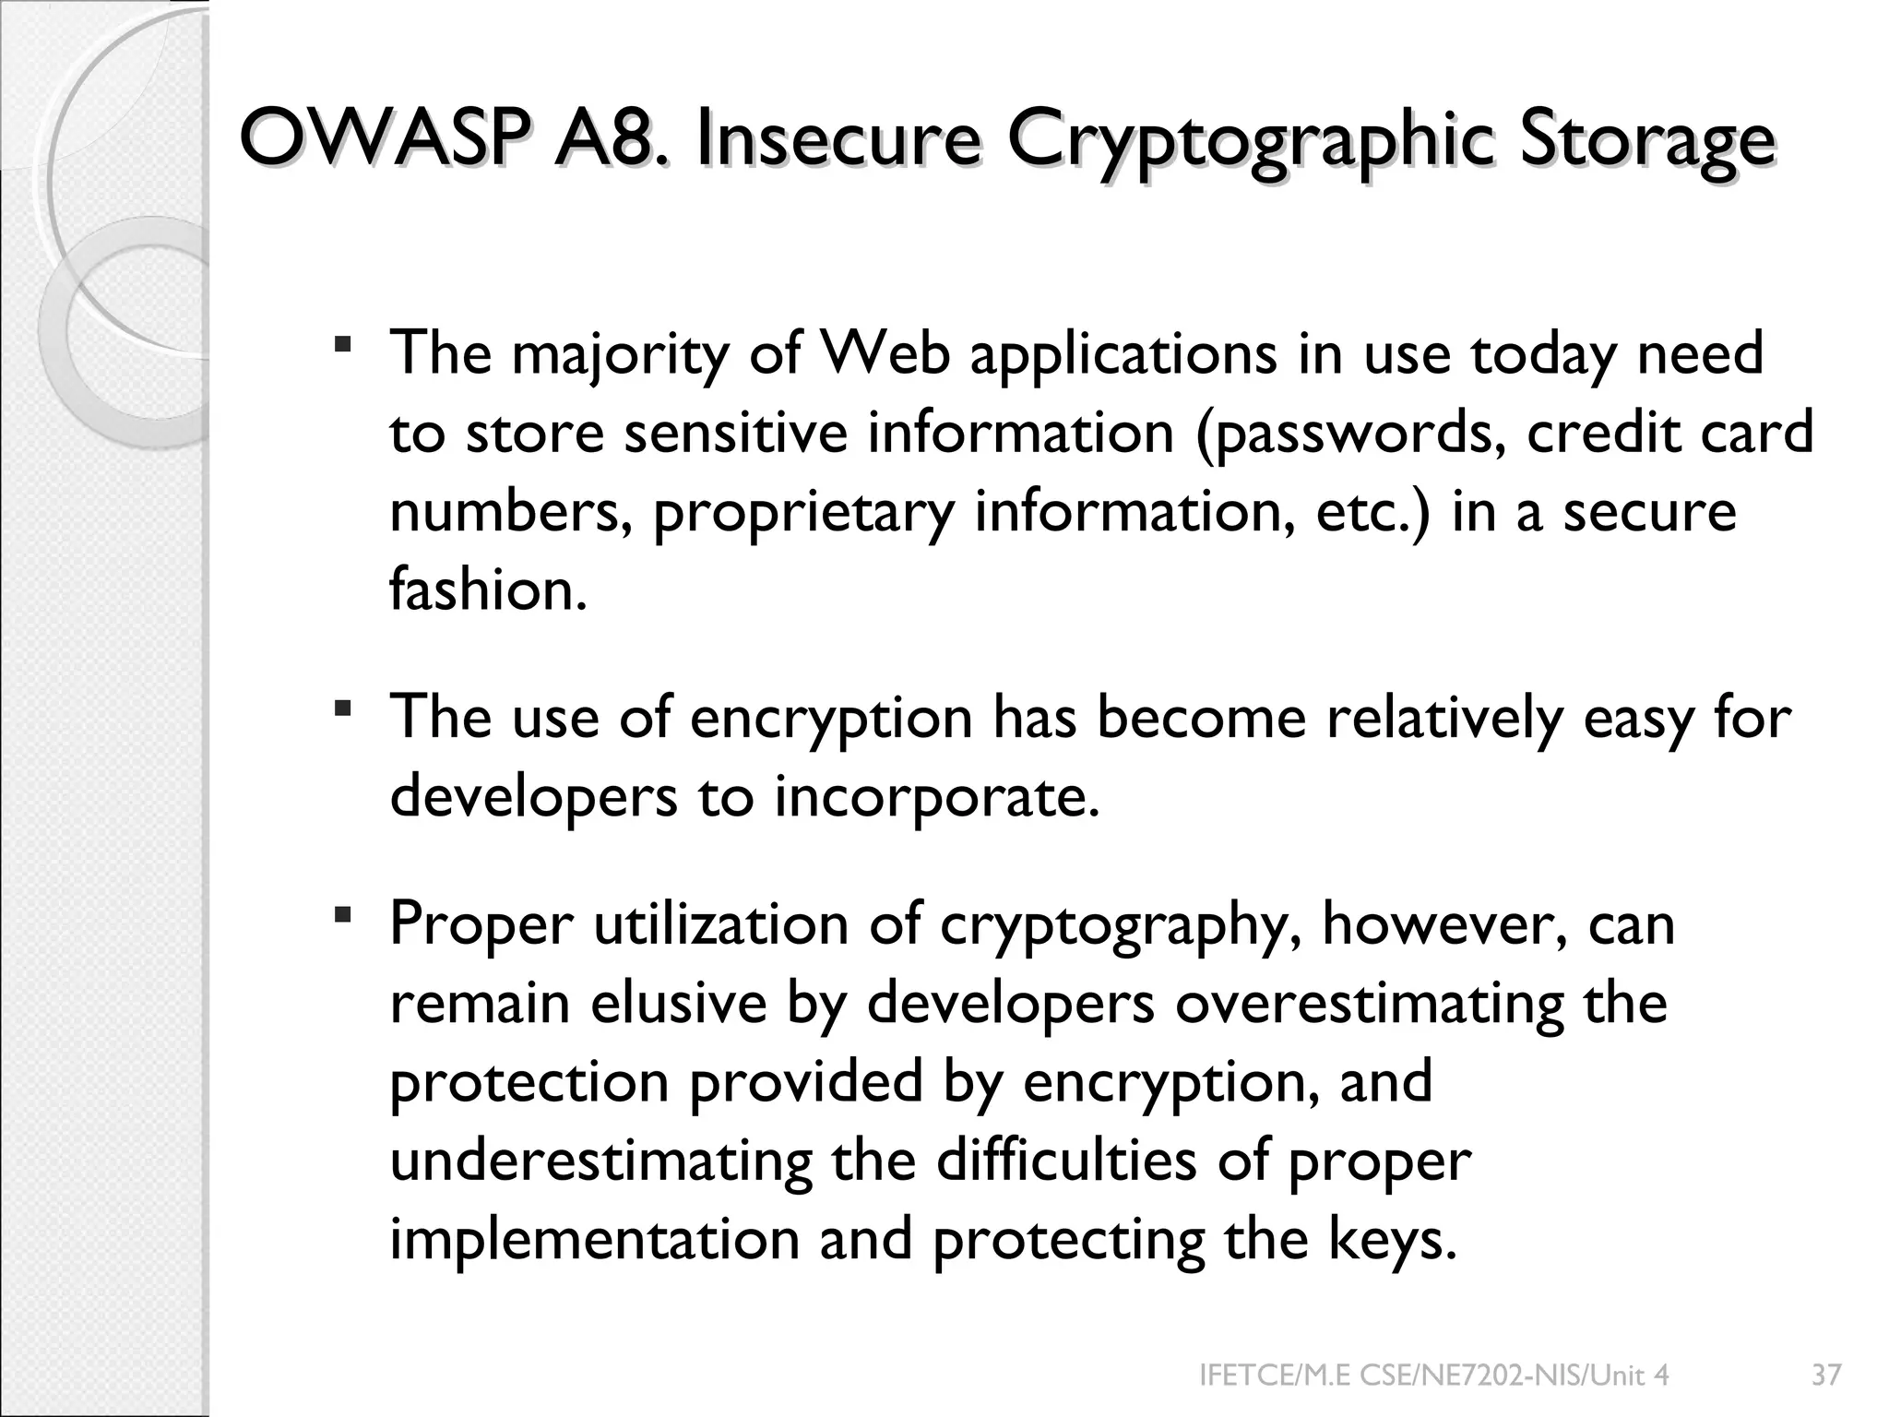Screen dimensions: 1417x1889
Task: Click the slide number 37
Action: pos(1826,1375)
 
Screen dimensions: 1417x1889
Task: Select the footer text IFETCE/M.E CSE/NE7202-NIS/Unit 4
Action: pos(1433,1375)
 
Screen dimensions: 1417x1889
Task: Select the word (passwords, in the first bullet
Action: pos(1350,434)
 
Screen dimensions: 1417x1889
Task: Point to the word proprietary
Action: pos(802,514)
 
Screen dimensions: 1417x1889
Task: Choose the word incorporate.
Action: pos(937,797)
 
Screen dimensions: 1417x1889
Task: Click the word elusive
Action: pos(678,1003)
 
